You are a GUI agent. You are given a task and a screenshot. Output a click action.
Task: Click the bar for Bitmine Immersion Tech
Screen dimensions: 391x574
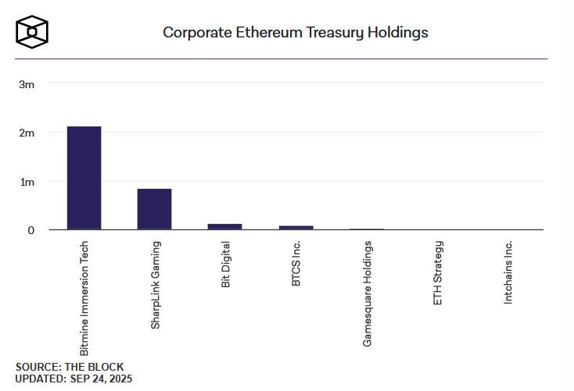point(84,178)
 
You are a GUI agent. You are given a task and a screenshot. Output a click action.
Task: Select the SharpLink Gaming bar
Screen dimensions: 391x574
point(154,209)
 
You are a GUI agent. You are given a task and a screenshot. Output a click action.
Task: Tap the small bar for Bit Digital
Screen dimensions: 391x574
point(224,226)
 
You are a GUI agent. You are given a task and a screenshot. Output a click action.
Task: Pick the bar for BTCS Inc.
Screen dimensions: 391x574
point(296,227)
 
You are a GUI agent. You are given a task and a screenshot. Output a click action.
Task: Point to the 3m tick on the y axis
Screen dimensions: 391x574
point(27,84)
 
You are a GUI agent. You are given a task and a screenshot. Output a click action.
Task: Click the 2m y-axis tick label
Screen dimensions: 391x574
point(27,133)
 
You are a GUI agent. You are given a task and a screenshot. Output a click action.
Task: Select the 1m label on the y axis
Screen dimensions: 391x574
point(27,182)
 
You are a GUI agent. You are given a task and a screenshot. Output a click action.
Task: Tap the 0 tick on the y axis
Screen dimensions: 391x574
point(31,230)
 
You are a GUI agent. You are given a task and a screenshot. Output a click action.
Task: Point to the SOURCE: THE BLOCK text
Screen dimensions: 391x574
point(70,367)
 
